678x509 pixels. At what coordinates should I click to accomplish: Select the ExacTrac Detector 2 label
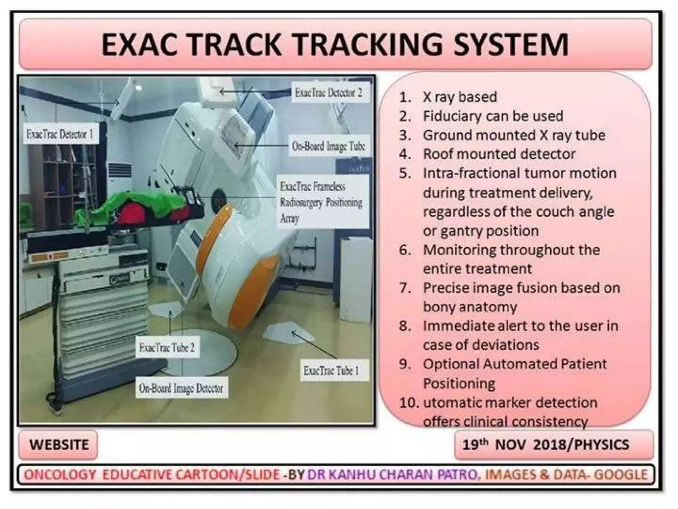328,93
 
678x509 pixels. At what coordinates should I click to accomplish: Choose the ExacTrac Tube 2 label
167,348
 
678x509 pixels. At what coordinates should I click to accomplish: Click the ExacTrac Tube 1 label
331,370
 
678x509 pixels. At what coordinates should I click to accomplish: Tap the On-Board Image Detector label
181,388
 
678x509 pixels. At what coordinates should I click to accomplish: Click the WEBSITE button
59,445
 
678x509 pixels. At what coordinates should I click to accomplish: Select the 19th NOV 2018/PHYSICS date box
545,445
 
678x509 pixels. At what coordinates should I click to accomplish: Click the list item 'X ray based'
460,97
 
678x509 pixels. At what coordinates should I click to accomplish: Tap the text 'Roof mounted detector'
499,154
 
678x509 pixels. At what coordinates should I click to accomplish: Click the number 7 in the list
404,288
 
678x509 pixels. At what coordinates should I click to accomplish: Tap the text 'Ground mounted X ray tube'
514,135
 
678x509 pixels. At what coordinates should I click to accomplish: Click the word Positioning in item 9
459,384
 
